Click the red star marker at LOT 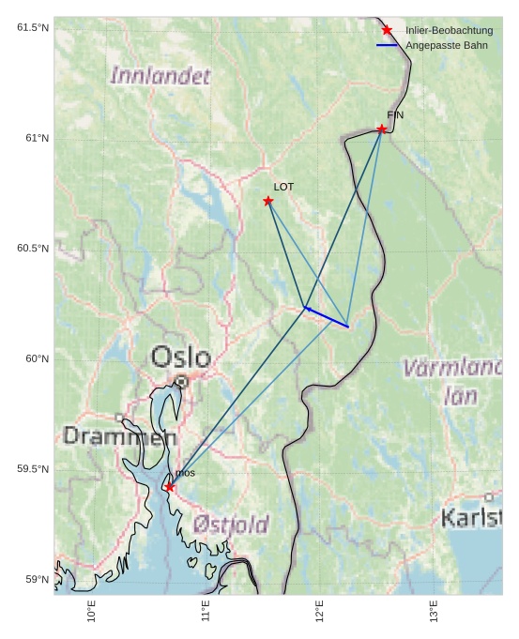pos(268,201)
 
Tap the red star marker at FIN pos(382,129)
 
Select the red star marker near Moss pos(169,487)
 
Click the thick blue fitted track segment pos(327,317)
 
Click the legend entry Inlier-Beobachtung pos(449,31)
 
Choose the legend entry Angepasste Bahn pos(446,45)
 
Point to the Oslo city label pos(181,357)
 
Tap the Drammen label pos(119,436)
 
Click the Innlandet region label pos(160,76)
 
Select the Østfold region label pos(231,525)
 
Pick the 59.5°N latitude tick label pos(33,469)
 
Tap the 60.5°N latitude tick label pos(33,249)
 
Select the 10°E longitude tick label pos(91,611)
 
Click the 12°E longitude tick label pos(319,611)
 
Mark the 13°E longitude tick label pos(433,611)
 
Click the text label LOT pos(283,187)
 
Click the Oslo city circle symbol pos(181,381)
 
